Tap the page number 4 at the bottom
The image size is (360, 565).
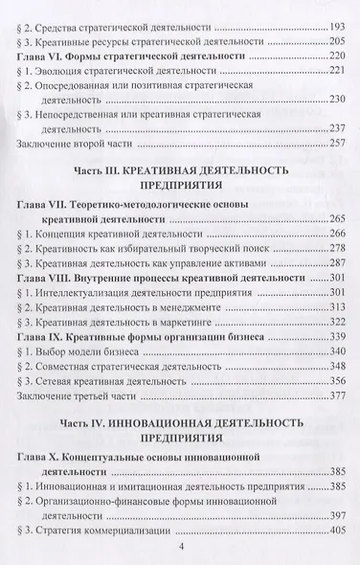click(x=180, y=551)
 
